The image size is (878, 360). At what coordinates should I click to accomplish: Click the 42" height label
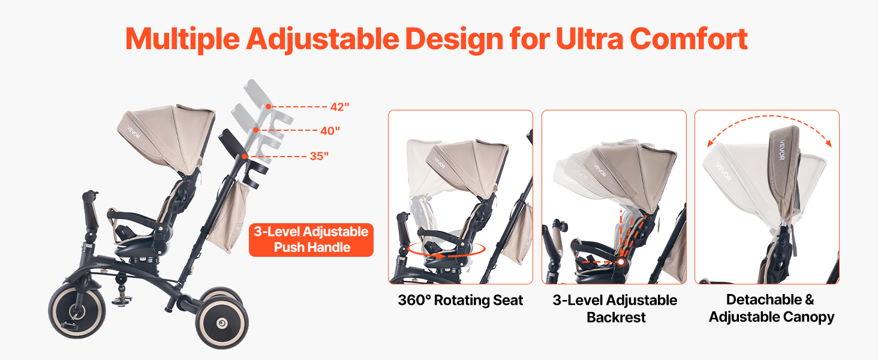(339, 107)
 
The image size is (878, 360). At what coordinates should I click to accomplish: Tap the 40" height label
(330, 131)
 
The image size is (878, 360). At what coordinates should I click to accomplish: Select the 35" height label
(319, 156)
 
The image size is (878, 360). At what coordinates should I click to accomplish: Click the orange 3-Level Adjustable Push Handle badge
(311, 240)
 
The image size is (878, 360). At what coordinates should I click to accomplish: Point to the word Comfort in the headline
(688, 39)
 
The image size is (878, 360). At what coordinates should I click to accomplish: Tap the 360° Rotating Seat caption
(460, 300)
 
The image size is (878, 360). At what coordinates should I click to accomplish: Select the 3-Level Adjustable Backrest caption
(615, 308)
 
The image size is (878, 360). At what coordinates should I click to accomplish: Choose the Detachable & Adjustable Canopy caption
(771, 308)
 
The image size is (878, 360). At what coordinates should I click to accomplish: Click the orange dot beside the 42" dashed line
(268, 106)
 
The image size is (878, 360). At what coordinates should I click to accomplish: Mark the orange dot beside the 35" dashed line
(244, 156)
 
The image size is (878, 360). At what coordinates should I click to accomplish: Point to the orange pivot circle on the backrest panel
(621, 262)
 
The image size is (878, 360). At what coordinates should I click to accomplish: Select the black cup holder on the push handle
(255, 173)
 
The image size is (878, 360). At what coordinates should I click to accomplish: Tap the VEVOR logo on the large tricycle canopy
(133, 132)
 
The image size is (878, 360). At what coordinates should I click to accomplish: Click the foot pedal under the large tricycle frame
(119, 301)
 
